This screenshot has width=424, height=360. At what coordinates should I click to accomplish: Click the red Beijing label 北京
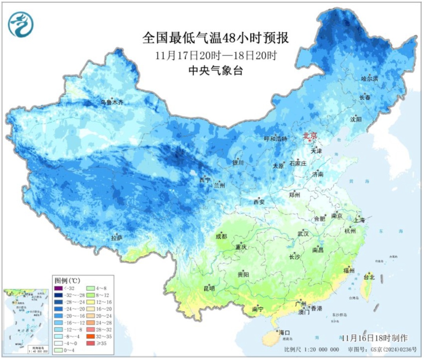coord(309,136)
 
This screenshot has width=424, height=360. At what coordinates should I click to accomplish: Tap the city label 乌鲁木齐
coord(111,102)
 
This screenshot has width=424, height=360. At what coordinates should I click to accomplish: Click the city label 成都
coord(221,236)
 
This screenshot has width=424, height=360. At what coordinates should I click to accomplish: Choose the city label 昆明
coord(209,289)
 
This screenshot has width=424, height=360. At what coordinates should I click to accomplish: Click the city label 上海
coord(359,220)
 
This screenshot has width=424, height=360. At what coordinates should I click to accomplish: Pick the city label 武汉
coord(303,234)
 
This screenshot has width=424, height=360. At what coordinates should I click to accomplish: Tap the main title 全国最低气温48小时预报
coord(215,38)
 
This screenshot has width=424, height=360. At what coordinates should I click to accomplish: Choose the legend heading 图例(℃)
coord(68,281)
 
